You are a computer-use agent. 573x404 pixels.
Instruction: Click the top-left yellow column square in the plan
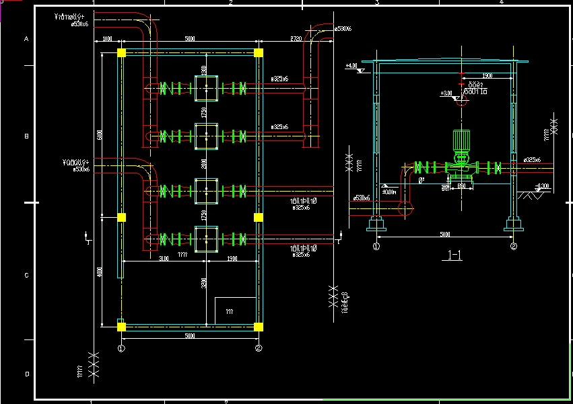(122, 52)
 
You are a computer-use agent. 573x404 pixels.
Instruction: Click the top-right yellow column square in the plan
(258, 52)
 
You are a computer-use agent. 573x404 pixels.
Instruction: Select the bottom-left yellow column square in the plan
(121, 327)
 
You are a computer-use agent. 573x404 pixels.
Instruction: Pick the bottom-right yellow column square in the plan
(258, 327)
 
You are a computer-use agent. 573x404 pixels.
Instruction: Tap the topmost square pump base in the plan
(205, 87)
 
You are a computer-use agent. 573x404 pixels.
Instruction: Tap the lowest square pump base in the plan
(205, 239)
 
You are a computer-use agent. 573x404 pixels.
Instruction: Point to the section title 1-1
(454, 255)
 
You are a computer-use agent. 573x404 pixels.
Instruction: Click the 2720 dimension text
(296, 40)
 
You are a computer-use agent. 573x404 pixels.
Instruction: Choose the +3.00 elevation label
(445, 93)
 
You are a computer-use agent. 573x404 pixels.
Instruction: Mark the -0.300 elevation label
(541, 186)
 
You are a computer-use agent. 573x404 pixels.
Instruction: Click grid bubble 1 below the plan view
(121, 348)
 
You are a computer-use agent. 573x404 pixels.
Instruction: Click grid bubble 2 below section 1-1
(513, 247)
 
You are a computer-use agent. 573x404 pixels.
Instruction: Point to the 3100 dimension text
(164, 258)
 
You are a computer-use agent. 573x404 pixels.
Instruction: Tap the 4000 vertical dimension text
(99, 272)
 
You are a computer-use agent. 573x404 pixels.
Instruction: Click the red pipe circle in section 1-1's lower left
(407, 209)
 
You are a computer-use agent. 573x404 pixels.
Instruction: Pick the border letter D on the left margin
(26, 374)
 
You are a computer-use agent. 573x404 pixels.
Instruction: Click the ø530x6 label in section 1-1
(362, 198)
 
